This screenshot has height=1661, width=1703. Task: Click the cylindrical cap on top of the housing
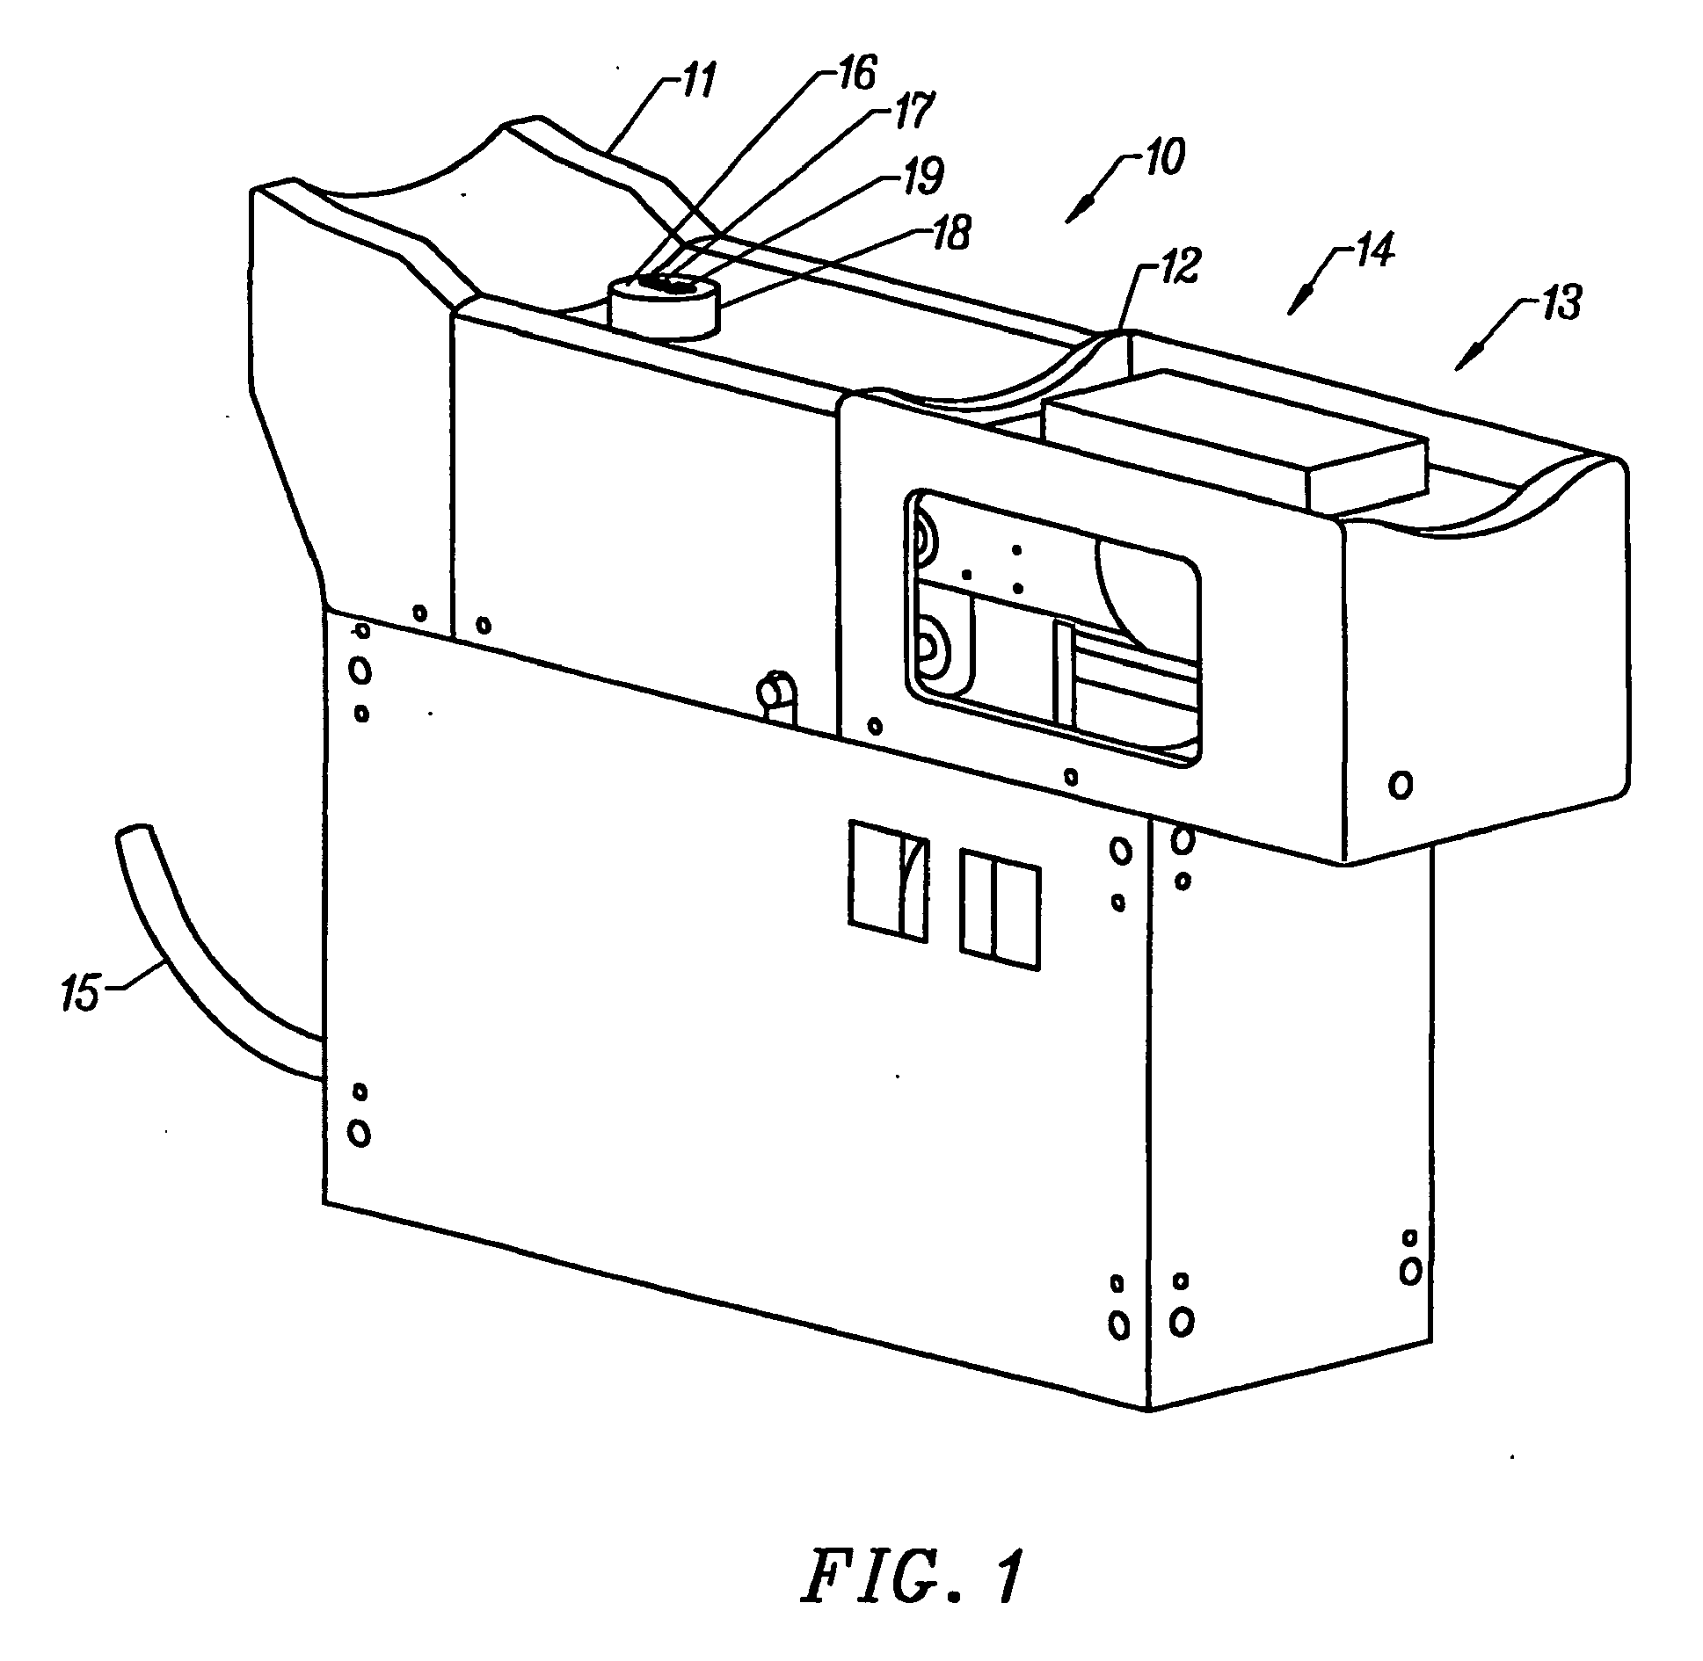(x=662, y=306)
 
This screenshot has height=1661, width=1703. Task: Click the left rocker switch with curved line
(x=887, y=881)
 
